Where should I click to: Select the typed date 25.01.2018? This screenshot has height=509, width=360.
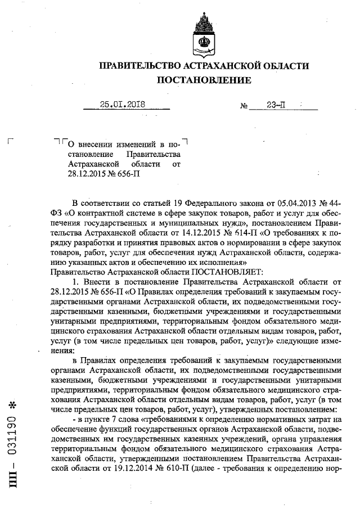click(x=123, y=104)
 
